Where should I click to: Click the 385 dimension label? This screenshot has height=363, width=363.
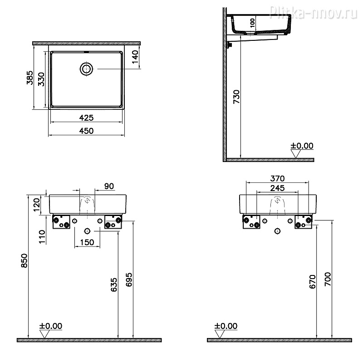click(x=30, y=78)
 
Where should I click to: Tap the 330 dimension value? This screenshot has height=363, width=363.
click(x=41, y=79)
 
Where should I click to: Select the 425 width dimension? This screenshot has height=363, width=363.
click(x=86, y=118)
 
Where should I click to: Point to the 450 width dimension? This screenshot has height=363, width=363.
click(x=86, y=131)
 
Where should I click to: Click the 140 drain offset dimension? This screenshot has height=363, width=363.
click(x=135, y=57)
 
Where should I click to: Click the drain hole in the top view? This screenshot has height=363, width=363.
click(x=86, y=69)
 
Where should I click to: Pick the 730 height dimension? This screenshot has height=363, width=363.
click(x=236, y=97)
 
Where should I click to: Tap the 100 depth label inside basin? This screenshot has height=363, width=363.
click(x=252, y=23)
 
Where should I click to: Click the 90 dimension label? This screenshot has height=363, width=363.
click(x=109, y=186)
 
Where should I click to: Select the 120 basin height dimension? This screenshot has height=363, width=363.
click(x=37, y=205)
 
